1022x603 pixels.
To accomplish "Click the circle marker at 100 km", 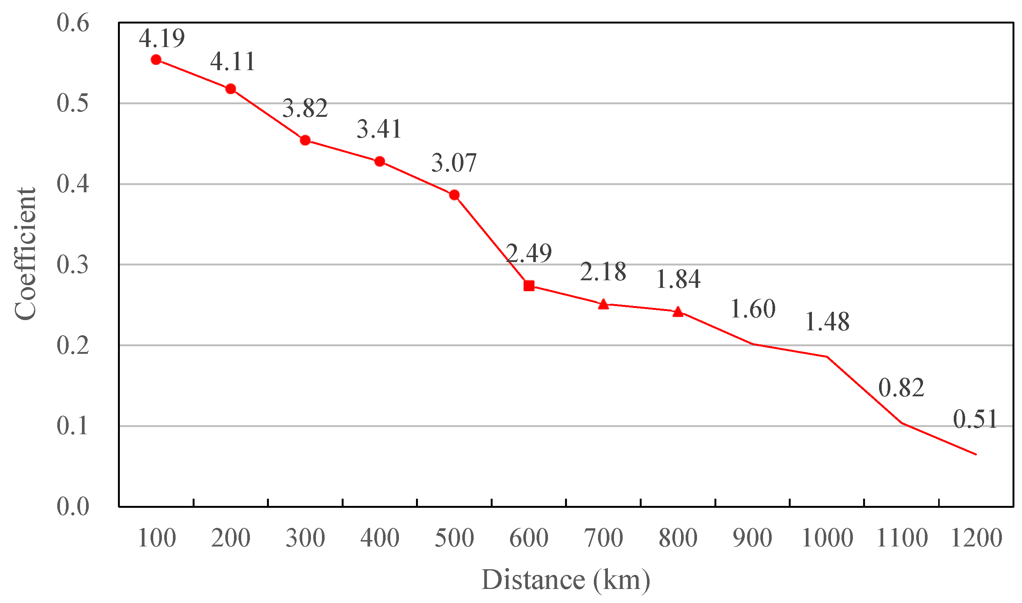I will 156,60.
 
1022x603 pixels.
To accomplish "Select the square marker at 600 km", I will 529,286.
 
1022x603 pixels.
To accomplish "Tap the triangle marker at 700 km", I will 604,304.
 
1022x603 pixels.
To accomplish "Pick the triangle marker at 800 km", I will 678,312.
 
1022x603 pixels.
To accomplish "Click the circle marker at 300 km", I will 305,141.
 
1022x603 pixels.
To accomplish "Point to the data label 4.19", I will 162,38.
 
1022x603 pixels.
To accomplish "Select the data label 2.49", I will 529,253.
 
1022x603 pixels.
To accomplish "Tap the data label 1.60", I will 753,309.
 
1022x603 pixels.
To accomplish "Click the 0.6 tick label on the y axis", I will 73,23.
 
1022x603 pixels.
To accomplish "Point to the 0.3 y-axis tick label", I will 73,265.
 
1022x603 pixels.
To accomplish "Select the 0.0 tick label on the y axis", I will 73,507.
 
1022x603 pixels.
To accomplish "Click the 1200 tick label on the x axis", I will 976,538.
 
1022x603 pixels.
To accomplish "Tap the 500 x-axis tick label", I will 454,538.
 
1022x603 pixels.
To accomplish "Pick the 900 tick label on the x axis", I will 752,538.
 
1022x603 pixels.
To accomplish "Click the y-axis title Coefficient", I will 25,254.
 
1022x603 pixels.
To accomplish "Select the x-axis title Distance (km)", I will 565,580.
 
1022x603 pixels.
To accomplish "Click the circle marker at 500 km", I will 454,195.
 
